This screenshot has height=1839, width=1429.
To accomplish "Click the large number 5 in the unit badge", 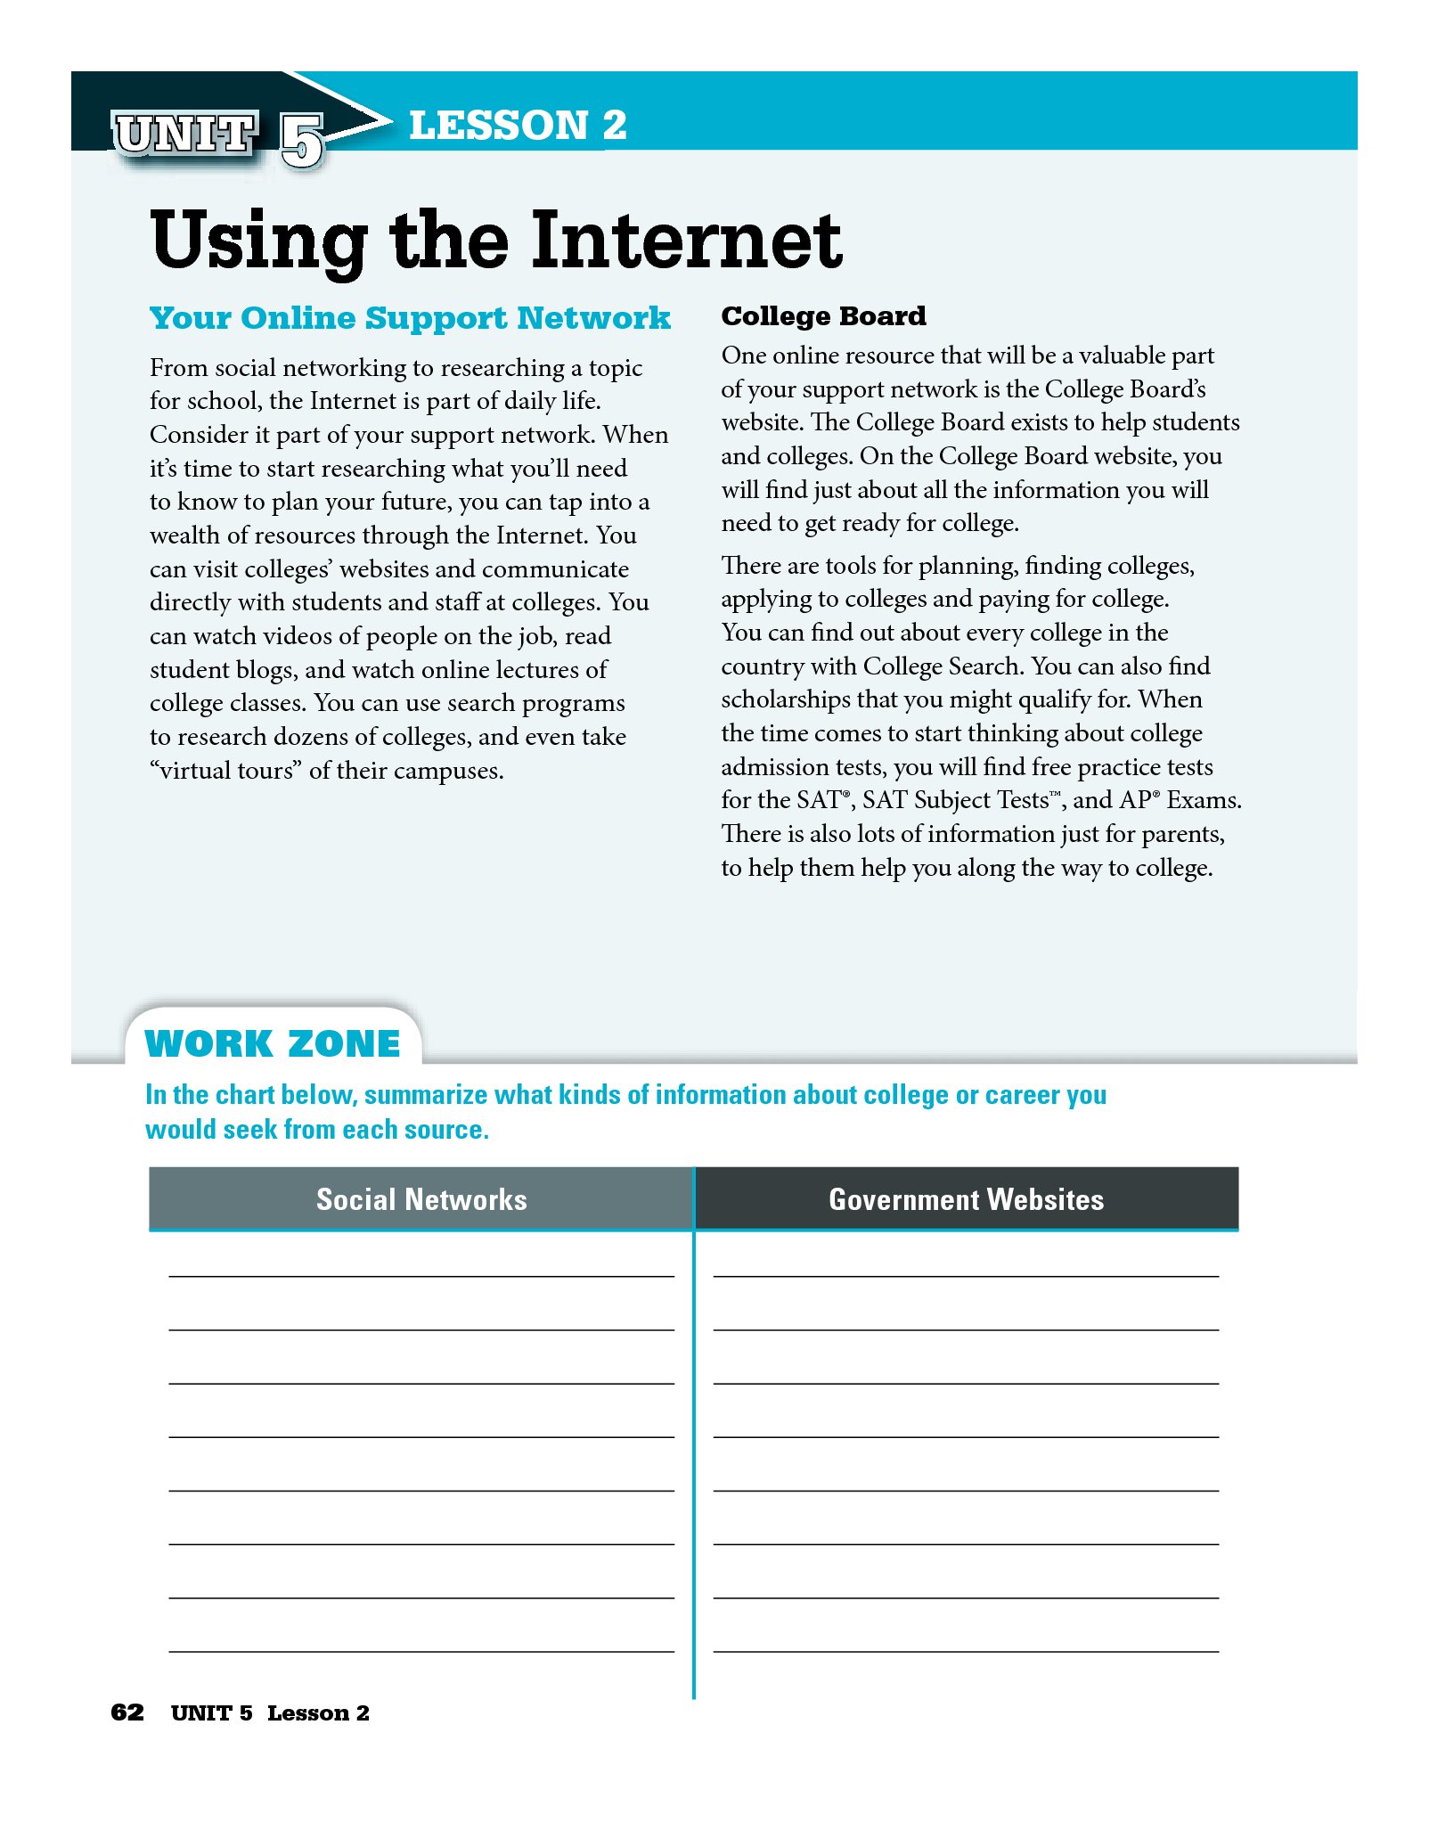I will (301, 140).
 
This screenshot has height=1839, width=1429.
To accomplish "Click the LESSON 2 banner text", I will (518, 125).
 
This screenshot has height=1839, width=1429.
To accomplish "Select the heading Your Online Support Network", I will (410, 318).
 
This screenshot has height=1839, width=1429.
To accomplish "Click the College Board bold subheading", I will (823, 316).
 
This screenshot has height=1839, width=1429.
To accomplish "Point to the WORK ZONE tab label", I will (273, 1043).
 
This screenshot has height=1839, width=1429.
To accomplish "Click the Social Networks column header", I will (421, 1199).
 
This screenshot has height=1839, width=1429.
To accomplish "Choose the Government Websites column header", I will (966, 1199).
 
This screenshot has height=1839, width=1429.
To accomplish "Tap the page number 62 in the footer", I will (127, 1712).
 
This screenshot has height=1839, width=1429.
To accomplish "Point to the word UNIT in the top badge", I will (185, 135).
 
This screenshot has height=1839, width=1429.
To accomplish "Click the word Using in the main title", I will (258, 242).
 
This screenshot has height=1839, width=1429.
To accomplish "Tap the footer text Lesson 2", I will (318, 1712).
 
